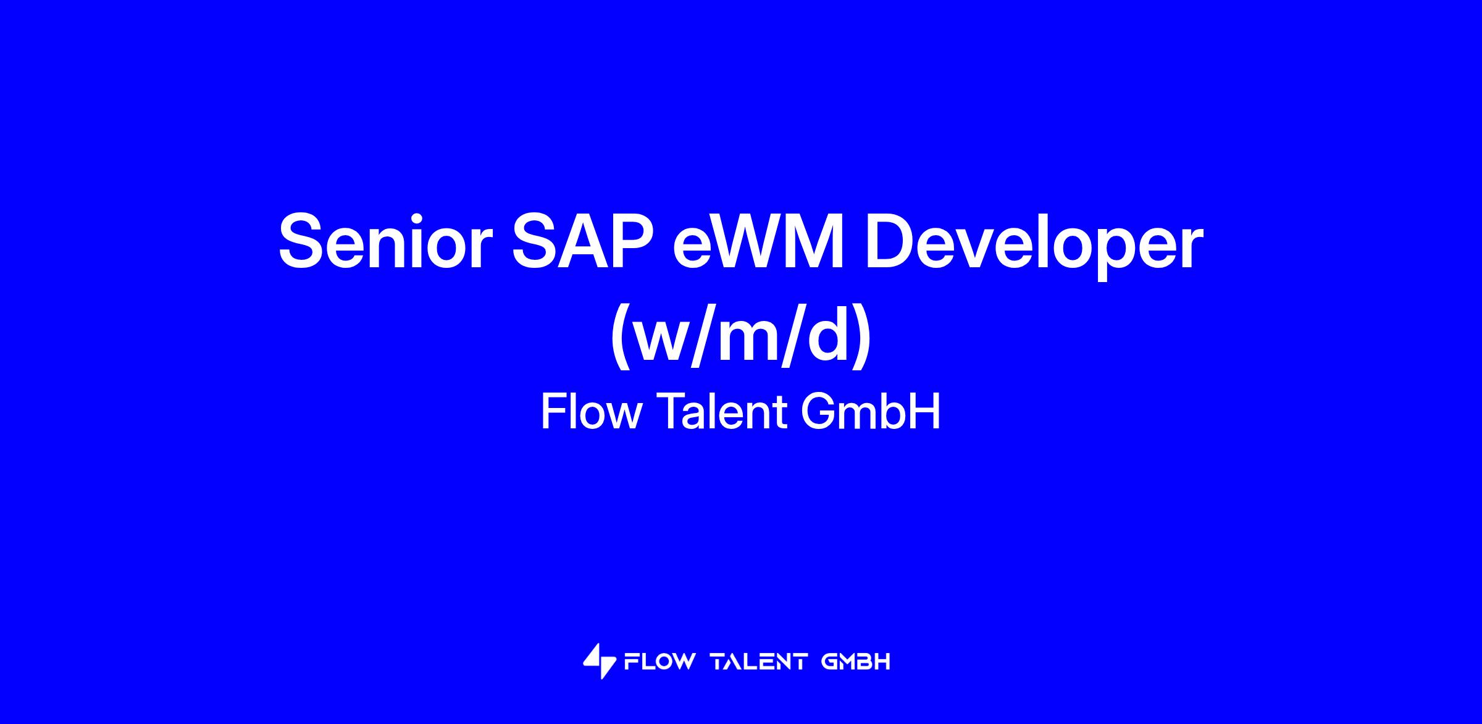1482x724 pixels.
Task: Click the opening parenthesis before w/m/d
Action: click(621, 338)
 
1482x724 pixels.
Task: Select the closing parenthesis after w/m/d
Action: click(863, 338)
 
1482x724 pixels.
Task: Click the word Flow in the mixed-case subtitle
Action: click(591, 412)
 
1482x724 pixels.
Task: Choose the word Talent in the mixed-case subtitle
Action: click(722, 412)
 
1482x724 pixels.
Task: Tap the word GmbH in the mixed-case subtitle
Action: click(871, 412)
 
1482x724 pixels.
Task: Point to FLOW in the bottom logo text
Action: click(660, 662)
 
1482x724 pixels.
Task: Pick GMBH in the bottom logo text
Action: click(856, 662)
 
